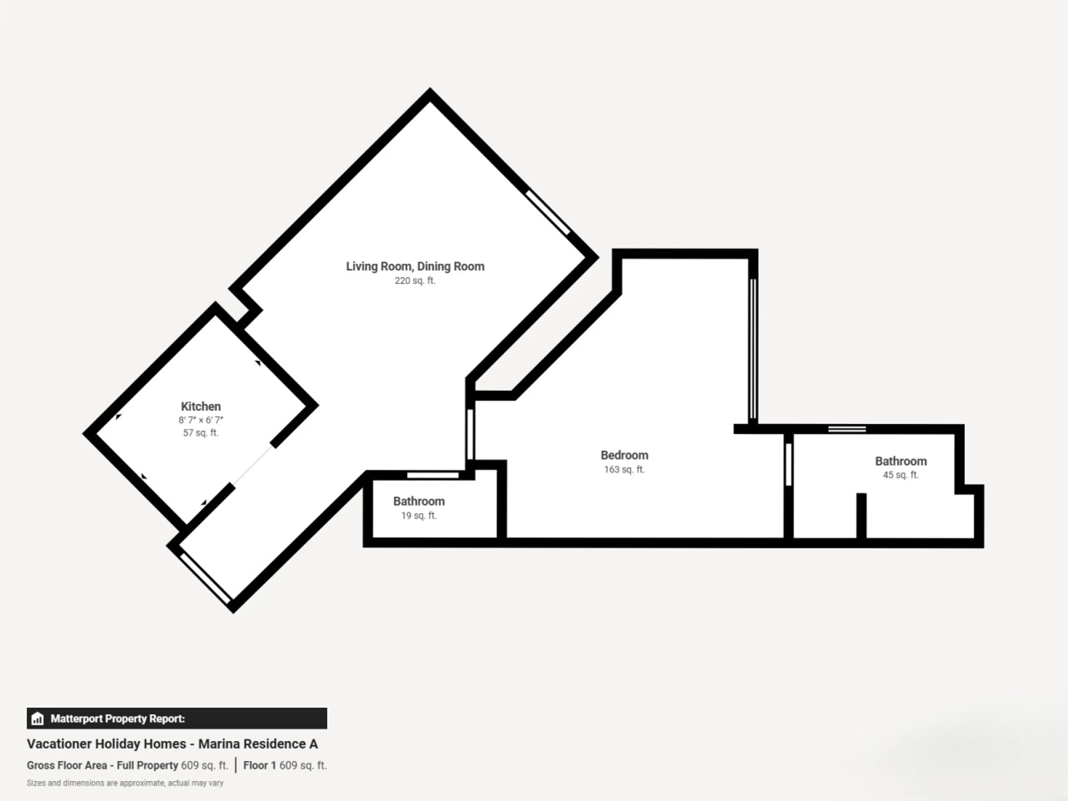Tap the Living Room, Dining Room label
[415, 266]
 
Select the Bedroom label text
[624, 455]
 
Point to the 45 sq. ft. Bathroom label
[901, 461]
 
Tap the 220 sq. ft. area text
[415, 281]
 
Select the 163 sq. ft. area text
[624, 469]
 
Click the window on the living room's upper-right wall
[548, 212]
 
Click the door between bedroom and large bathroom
[788, 464]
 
